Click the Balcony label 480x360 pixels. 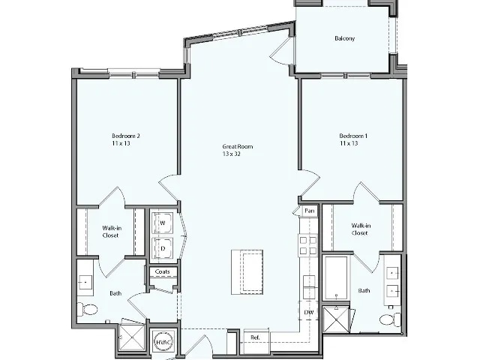pyautogui.click(x=344, y=38)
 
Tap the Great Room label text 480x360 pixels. pyautogui.click(x=237, y=150)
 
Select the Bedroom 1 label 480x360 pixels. pyautogui.click(x=349, y=139)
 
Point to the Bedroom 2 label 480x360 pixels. pyautogui.click(x=126, y=139)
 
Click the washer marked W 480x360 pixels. pyautogui.click(x=162, y=223)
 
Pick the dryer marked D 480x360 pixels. pyautogui.click(x=162, y=247)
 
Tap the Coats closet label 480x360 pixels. pyautogui.click(x=162, y=271)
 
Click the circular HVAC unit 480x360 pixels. pyautogui.click(x=163, y=341)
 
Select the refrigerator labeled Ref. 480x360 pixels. pyautogui.click(x=255, y=337)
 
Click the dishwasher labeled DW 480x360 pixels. pyautogui.click(x=308, y=312)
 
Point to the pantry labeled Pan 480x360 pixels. pyautogui.click(x=308, y=211)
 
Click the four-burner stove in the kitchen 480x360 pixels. pyautogui.click(x=307, y=245)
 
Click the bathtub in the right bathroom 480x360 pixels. pyautogui.click(x=335, y=277)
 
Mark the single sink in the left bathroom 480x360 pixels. pyautogui.click(x=85, y=281)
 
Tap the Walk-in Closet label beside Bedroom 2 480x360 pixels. pyautogui.click(x=111, y=231)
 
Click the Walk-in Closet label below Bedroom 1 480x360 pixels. pyautogui.click(x=359, y=229)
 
